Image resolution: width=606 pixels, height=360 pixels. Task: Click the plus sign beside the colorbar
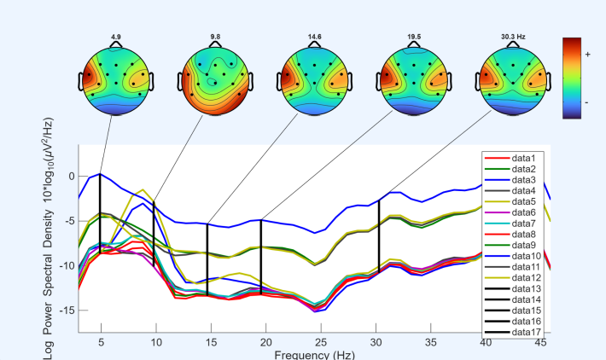click(x=587, y=53)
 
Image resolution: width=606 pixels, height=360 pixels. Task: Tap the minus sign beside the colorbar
click(x=587, y=102)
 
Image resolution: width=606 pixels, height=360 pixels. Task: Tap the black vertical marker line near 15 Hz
click(x=207, y=260)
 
